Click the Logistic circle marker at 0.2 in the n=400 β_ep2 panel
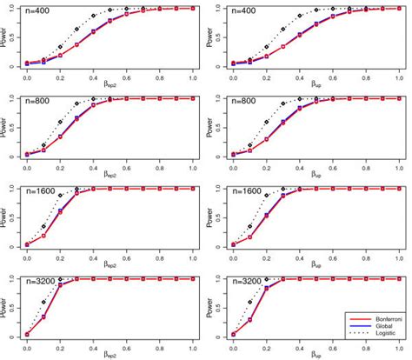pos(60,46)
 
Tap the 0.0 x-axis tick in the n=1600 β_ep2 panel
pos(27,256)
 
